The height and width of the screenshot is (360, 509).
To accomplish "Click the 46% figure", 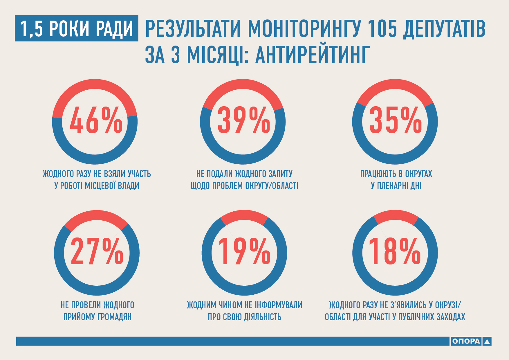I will pos(96,120).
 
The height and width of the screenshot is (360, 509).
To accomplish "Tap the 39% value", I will pos(244,120).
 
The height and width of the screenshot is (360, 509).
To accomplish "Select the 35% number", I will pos(395,120).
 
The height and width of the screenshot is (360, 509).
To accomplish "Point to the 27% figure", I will pos(97,251).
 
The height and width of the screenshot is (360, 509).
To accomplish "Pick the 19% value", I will pos(244,251).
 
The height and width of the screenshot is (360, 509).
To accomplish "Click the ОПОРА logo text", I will pos(466,341).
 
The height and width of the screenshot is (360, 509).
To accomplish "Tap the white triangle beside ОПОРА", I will pos(487,341).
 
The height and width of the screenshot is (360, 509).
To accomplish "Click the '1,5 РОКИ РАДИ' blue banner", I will pos(77,28).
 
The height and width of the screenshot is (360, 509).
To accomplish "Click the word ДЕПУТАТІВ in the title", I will pos(444,28).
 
